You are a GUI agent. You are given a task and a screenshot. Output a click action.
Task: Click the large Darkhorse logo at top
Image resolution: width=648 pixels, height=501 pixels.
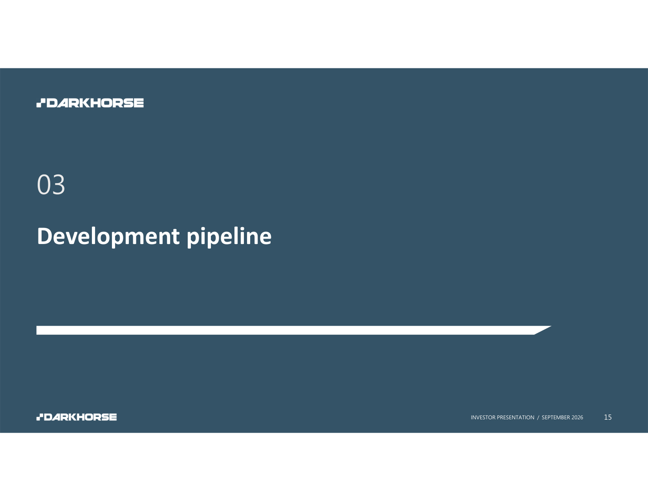point(90,103)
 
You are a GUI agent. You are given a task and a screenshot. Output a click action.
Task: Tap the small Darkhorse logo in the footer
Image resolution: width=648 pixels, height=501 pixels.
point(77,417)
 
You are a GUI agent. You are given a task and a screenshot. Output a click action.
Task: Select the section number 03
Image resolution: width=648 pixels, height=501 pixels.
point(51,185)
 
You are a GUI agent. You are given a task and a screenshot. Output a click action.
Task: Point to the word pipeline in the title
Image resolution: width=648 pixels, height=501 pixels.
point(229,237)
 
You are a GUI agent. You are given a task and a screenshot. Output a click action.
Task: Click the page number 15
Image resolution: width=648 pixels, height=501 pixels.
point(608,417)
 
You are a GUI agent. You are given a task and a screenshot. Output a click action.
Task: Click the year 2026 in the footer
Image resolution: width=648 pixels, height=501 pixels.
point(577,417)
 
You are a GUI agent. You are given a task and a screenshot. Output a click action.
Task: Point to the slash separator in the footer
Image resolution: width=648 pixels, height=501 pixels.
point(538,417)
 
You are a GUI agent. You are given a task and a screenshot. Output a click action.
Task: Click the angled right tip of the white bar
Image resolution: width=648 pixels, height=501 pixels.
point(551,326)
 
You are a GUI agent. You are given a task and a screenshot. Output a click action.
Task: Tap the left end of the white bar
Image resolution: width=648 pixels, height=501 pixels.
point(37,330)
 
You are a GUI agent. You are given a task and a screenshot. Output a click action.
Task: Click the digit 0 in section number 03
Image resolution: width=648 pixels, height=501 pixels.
point(44,185)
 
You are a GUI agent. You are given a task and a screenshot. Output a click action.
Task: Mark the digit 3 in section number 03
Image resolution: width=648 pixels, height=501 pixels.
point(59,185)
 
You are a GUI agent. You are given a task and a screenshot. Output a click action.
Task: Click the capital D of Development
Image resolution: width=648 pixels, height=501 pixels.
point(45,236)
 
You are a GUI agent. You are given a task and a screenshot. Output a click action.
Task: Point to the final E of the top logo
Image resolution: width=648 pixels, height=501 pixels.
point(138,103)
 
